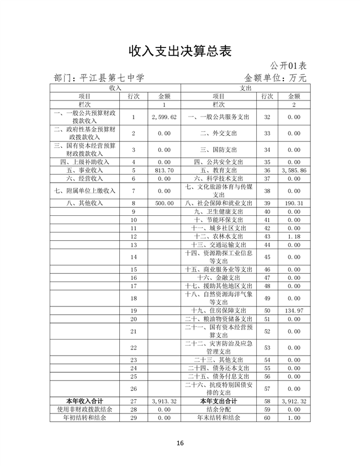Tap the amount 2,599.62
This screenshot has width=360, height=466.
tap(164, 117)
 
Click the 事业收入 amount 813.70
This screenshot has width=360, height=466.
tap(164, 171)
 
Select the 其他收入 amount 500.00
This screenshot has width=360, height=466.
tap(164, 203)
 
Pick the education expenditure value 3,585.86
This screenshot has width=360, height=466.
tap(294, 171)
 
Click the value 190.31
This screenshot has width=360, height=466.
tap(294, 203)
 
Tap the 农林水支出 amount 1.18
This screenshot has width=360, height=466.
tap(294, 236)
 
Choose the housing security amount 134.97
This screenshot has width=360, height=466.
tap(294, 311)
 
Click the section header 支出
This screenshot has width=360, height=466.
tap(245, 88)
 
